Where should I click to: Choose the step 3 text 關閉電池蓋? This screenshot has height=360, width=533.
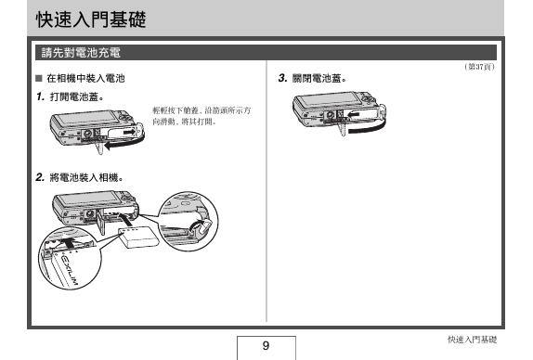(x=320, y=79)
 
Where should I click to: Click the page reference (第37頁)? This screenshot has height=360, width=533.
(x=479, y=67)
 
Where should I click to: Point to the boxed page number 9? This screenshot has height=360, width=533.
(x=266, y=345)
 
